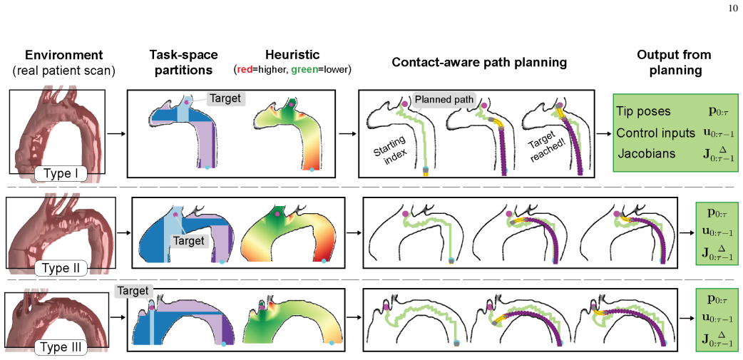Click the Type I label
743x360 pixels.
60,175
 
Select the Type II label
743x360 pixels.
60,270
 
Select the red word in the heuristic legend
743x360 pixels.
244,70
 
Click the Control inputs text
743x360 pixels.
649,133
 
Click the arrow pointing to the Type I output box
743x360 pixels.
603,133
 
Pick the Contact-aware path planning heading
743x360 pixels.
479,62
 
